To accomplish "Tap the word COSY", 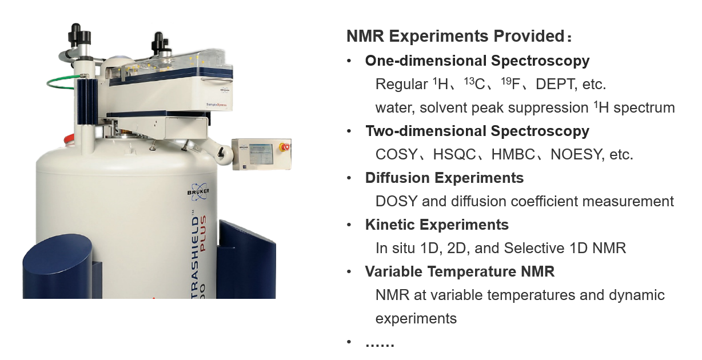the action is (396, 154).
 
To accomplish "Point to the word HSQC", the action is (454, 154).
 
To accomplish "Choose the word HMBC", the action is (513, 154).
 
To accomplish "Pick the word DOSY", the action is (396, 202).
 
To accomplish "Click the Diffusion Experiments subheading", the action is (444, 178).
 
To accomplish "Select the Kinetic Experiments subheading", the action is (437, 225).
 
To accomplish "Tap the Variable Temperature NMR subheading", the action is (460, 271).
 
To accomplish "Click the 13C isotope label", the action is (474, 83).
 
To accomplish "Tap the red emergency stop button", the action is (285, 147).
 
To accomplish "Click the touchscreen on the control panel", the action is (261, 154).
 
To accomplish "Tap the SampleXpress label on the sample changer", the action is (216, 105).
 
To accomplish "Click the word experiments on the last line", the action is (416, 319).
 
